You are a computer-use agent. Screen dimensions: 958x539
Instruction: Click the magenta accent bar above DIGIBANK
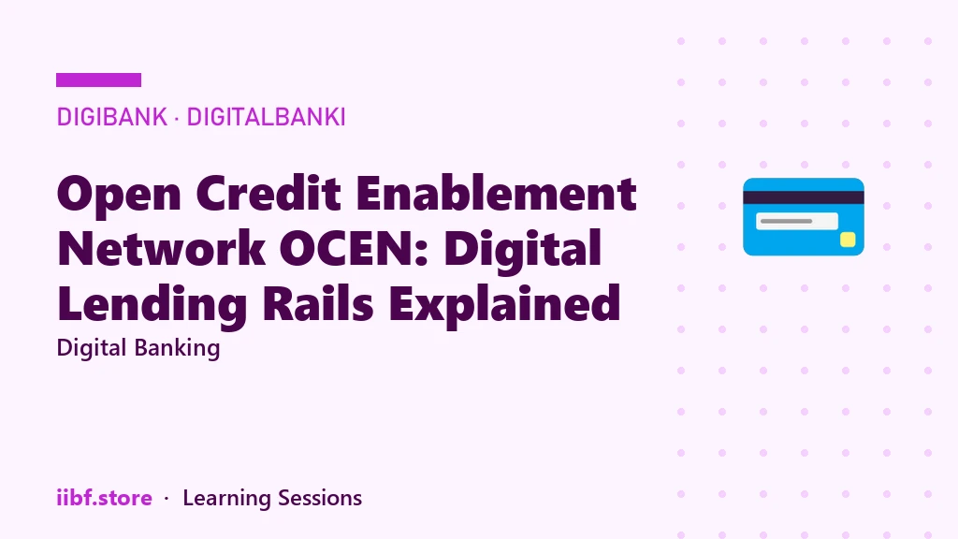click(98, 80)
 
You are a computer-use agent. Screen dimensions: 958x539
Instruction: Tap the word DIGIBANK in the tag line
click(112, 117)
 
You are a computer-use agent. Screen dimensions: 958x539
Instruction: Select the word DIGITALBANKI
click(266, 117)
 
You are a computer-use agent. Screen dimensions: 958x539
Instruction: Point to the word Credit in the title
click(269, 193)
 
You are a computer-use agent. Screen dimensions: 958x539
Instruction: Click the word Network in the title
click(161, 248)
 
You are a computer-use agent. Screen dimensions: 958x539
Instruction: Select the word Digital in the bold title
click(522, 249)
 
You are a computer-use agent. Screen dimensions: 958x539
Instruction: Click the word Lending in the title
click(152, 304)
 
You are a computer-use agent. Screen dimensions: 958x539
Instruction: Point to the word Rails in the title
click(318, 303)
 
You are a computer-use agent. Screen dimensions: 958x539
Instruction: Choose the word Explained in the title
click(504, 304)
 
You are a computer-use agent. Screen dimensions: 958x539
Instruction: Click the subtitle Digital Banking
click(138, 348)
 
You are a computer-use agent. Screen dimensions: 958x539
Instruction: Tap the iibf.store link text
click(105, 498)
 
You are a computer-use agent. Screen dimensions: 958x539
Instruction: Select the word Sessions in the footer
click(320, 498)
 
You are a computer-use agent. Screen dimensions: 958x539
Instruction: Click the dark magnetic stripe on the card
click(804, 197)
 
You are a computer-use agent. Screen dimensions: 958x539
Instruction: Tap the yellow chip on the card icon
click(848, 240)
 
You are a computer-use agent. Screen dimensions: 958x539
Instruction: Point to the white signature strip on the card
click(797, 221)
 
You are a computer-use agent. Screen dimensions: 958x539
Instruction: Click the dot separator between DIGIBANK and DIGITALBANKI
click(177, 117)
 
